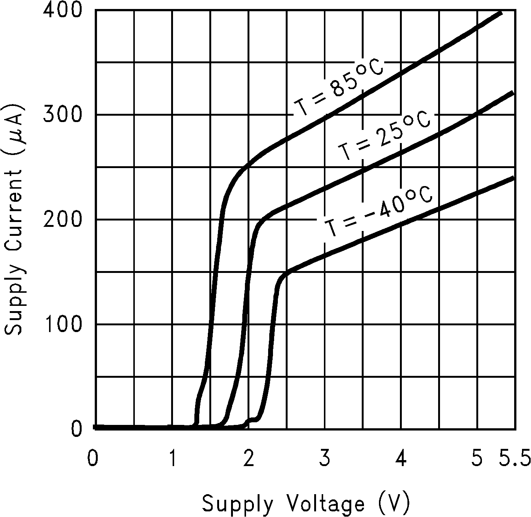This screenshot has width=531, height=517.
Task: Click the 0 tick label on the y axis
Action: point(76,429)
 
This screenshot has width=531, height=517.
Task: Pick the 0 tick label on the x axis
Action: point(92,459)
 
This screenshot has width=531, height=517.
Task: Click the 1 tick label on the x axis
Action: point(173,459)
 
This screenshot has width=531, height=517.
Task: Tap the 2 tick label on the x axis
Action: point(248,459)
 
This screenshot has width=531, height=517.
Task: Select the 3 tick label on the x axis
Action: point(325,459)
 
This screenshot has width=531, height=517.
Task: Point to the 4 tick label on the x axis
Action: point(401,459)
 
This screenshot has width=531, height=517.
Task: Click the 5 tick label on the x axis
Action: point(477,459)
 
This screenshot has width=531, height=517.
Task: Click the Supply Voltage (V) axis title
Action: point(306,504)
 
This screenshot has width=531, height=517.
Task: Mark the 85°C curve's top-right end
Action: point(501,12)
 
